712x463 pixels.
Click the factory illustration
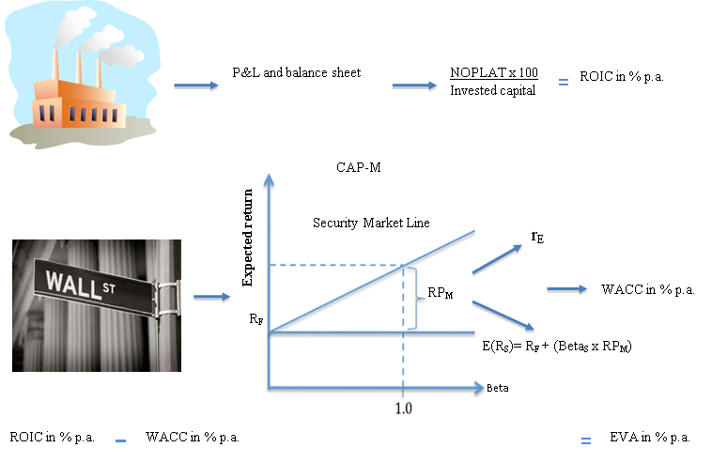pyautogui.click(x=83, y=75)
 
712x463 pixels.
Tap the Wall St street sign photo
pyautogui.click(x=97, y=305)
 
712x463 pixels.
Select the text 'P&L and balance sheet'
pyautogui.click(x=297, y=72)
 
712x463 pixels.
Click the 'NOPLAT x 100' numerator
pyautogui.click(x=494, y=72)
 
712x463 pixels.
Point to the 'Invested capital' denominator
pyautogui.click(x=493, y=90)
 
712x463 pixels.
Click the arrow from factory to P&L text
pyautogui.click(x=196, y=85)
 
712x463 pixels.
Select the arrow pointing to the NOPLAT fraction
pyautogui.click(x=414, y=85)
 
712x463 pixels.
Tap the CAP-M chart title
pyautogui.click(x=359, y=167)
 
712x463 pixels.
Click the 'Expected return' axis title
pyautogui.click(x=247, y=238)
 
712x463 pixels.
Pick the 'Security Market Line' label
pyautogui.click(x=371, y=223)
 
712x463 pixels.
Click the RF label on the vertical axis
pyautogui.click(x=256, y=319)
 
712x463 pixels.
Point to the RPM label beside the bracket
pyautogui.click(x=441, y=293)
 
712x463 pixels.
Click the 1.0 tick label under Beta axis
pyautogui.click(x=404, y=409)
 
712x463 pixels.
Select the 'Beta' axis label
pyautogui.click(x=498, y=388)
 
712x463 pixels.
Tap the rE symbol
pyautogui.click(x=537, y=237)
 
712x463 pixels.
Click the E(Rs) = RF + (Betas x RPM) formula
pyautogui.click(x=557, y=347)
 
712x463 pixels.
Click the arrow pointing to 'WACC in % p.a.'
pyautogui.click(x=567, y=289)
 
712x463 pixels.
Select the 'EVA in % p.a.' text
pyautogui.click(x=650, y=437)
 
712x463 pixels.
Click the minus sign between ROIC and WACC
pyautogui.click(x=120, y=440)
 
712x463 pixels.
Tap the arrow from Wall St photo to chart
pyautogui.click(x=212, y=298)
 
